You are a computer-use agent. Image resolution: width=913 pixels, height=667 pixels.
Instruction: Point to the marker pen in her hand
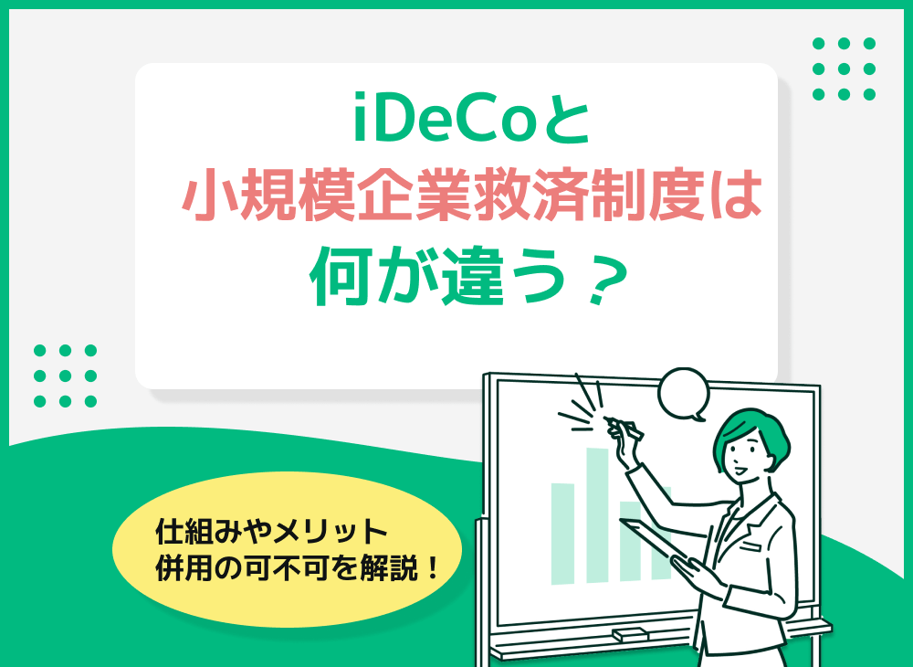(624, 425)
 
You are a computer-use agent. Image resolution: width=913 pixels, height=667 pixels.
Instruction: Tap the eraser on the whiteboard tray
(630, 633)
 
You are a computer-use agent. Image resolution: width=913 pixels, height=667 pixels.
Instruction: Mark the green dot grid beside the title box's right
(844, 69)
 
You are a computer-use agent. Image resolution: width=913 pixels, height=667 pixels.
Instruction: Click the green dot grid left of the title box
(65, 376)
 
